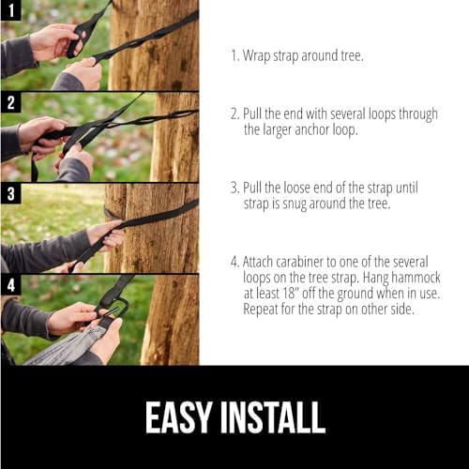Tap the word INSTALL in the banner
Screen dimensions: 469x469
[272, 416]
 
